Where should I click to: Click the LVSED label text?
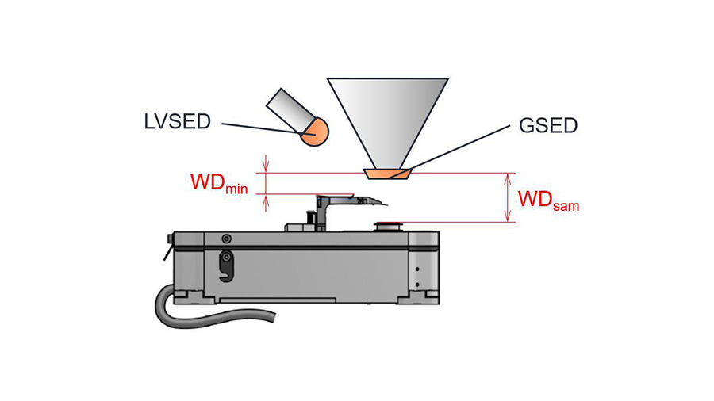(177, 122)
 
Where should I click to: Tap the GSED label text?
(548, 125)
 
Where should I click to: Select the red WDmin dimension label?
(219, 183)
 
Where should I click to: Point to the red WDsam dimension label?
(549, 200)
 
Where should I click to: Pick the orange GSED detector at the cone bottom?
(387, 174)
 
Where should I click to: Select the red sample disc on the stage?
(387, 223)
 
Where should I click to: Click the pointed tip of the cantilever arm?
(387, 205)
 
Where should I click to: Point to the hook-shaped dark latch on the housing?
(226, 267)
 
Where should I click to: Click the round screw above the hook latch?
(226, 239)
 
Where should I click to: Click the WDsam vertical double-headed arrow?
(508, 198)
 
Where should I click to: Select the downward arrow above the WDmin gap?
(266, 164)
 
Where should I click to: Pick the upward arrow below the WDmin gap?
(266, 203)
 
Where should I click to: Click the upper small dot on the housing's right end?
(417, 269)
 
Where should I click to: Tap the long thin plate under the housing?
(278, 300)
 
